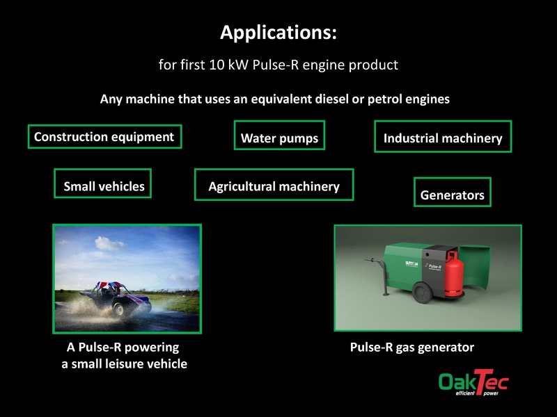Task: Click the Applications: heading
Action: pos(278,33)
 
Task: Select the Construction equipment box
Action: pos(104,137)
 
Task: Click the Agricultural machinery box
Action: pos(274,186)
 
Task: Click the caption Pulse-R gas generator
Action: pos(412,347)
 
